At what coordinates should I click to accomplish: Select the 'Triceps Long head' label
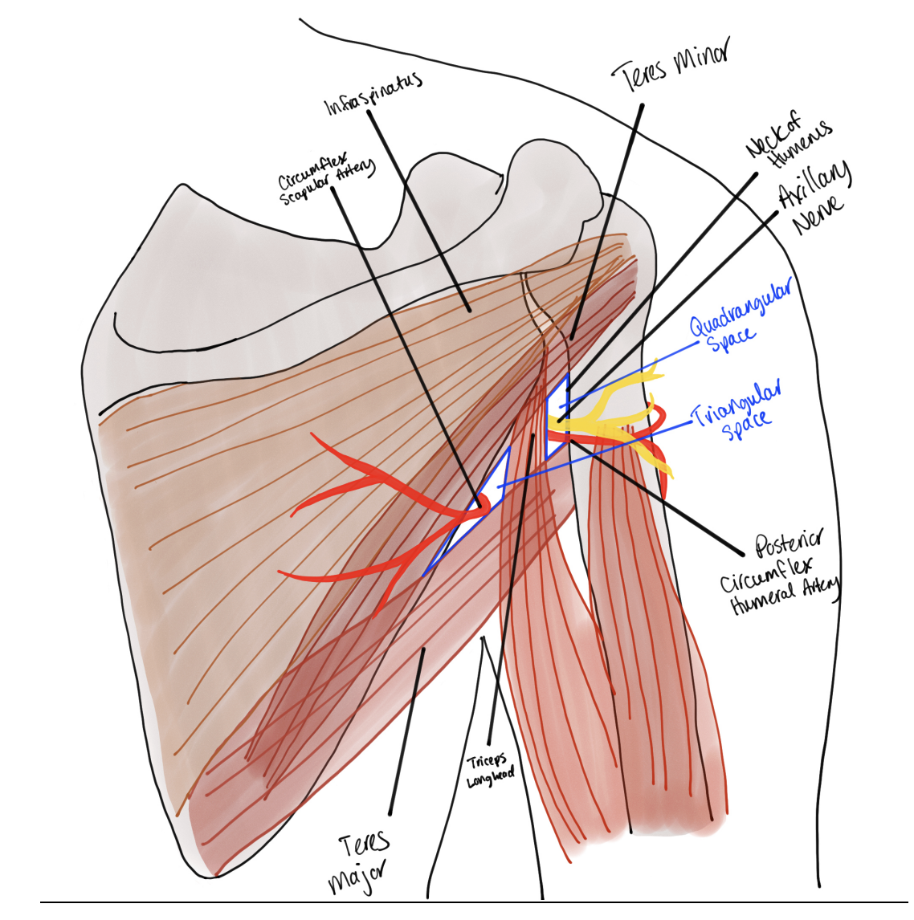490,771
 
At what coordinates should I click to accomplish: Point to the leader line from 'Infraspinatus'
418,209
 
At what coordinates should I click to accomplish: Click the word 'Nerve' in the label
818,212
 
